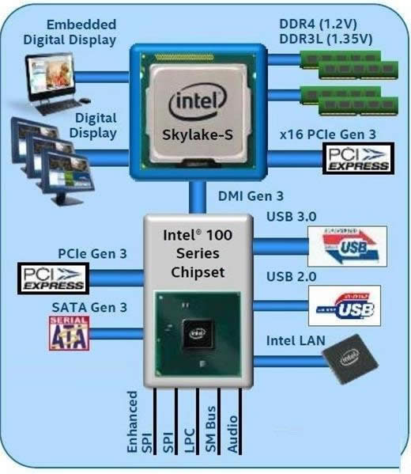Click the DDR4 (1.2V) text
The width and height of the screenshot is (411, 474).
[x=327, y=24]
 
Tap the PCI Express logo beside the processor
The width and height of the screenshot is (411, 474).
[x=358, y=157]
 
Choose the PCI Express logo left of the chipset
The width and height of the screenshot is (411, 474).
[x=53, y=277]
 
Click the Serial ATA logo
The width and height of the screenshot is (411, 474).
[x=69, y=333]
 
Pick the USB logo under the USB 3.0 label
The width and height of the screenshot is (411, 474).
[x=346, y=246]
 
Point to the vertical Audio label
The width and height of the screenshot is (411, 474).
[x=232, y=433]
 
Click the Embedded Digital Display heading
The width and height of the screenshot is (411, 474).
[x=70, y=32]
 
